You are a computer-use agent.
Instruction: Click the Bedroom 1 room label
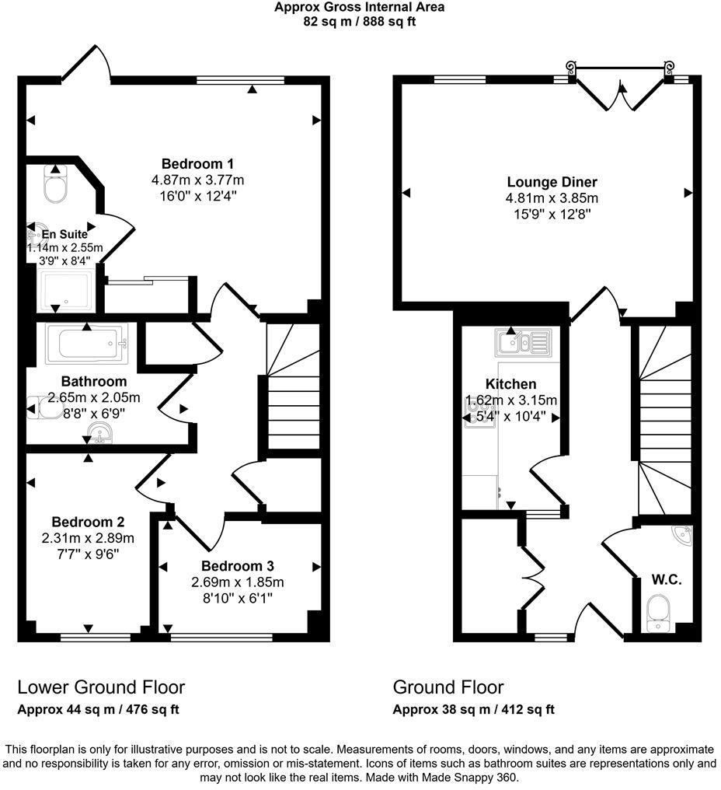tap(197, 164)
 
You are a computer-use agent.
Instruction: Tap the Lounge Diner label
tap(552, 183)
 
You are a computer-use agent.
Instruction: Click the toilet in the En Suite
tap(56, 185)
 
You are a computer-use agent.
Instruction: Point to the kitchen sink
tap(522, 341)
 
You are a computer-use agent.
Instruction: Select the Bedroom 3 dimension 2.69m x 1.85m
tap(238, 582)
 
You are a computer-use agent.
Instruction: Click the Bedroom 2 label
tap(88, 522)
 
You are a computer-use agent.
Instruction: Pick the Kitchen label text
tap(510, 384)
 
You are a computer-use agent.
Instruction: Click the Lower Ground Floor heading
tap(101, 687)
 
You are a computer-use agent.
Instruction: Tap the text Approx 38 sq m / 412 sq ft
tap(473, 709)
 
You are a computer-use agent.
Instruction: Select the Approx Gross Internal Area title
tap(359, 8)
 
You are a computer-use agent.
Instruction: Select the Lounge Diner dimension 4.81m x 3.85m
tap(552, 198)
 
